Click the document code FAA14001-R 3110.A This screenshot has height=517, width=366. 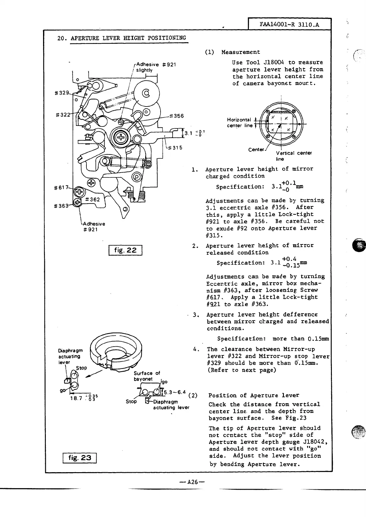coord(289,25)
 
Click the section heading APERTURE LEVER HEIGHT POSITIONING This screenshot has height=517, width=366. coord(128,38)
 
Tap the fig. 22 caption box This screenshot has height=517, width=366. coord(125,250)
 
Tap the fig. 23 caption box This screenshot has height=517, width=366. coord(80,458)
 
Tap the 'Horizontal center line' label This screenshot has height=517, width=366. coord(240,122)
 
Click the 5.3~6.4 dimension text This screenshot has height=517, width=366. coord(175,392)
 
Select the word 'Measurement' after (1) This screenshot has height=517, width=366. coord(241,52)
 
